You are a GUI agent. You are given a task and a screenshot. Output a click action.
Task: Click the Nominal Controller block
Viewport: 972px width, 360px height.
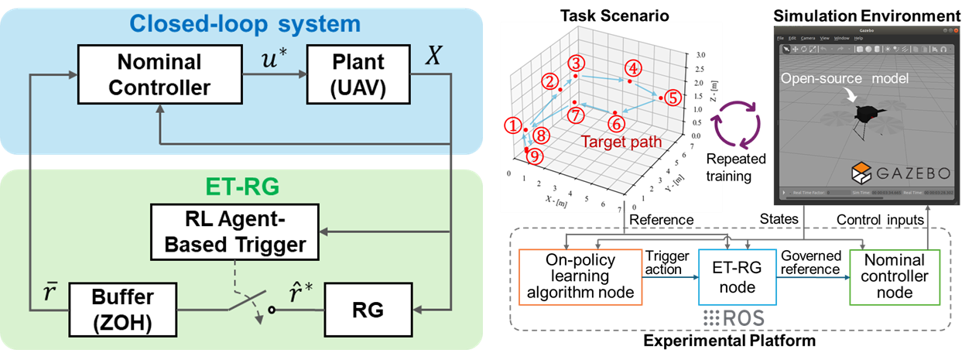pos(159,74)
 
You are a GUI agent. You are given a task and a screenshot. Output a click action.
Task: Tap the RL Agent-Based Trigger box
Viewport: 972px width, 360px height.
pos(228,231)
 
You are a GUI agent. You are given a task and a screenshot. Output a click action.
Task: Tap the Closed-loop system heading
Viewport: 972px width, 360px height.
pos(245,23)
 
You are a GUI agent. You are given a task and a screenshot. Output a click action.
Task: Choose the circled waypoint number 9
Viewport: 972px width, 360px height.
pos(533,157)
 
